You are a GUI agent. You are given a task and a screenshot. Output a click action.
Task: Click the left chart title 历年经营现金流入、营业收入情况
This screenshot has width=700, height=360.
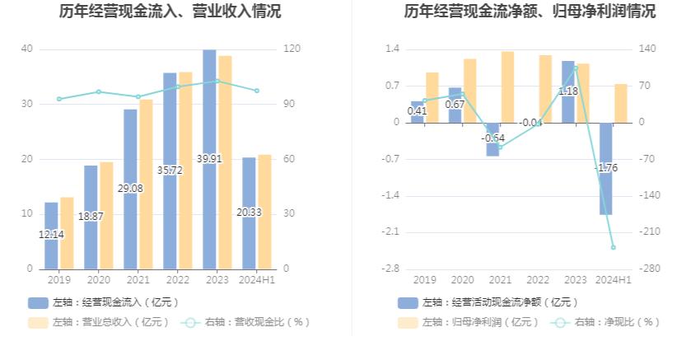pos(170,12)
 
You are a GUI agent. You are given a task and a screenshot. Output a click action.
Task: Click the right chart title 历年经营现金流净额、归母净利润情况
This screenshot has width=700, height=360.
pos(530,12)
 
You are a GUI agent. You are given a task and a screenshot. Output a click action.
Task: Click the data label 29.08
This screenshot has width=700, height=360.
pos(130,189)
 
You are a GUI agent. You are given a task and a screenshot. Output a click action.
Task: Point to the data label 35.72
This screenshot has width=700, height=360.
pos(170,171)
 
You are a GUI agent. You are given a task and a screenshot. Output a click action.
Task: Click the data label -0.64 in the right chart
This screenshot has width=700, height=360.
pos(492,138)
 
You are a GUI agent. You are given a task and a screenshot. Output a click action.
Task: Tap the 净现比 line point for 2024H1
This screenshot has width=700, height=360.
pos(613,247)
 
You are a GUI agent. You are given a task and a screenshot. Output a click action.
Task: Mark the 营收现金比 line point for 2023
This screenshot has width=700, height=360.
pos(217,81)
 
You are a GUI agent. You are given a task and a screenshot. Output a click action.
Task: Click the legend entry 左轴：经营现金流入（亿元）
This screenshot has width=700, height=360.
pos(103,302)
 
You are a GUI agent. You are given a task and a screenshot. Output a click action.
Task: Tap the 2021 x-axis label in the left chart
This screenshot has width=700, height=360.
pos(138,280)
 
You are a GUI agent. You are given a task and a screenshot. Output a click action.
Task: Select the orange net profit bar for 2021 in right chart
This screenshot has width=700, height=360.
pos(507,86)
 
